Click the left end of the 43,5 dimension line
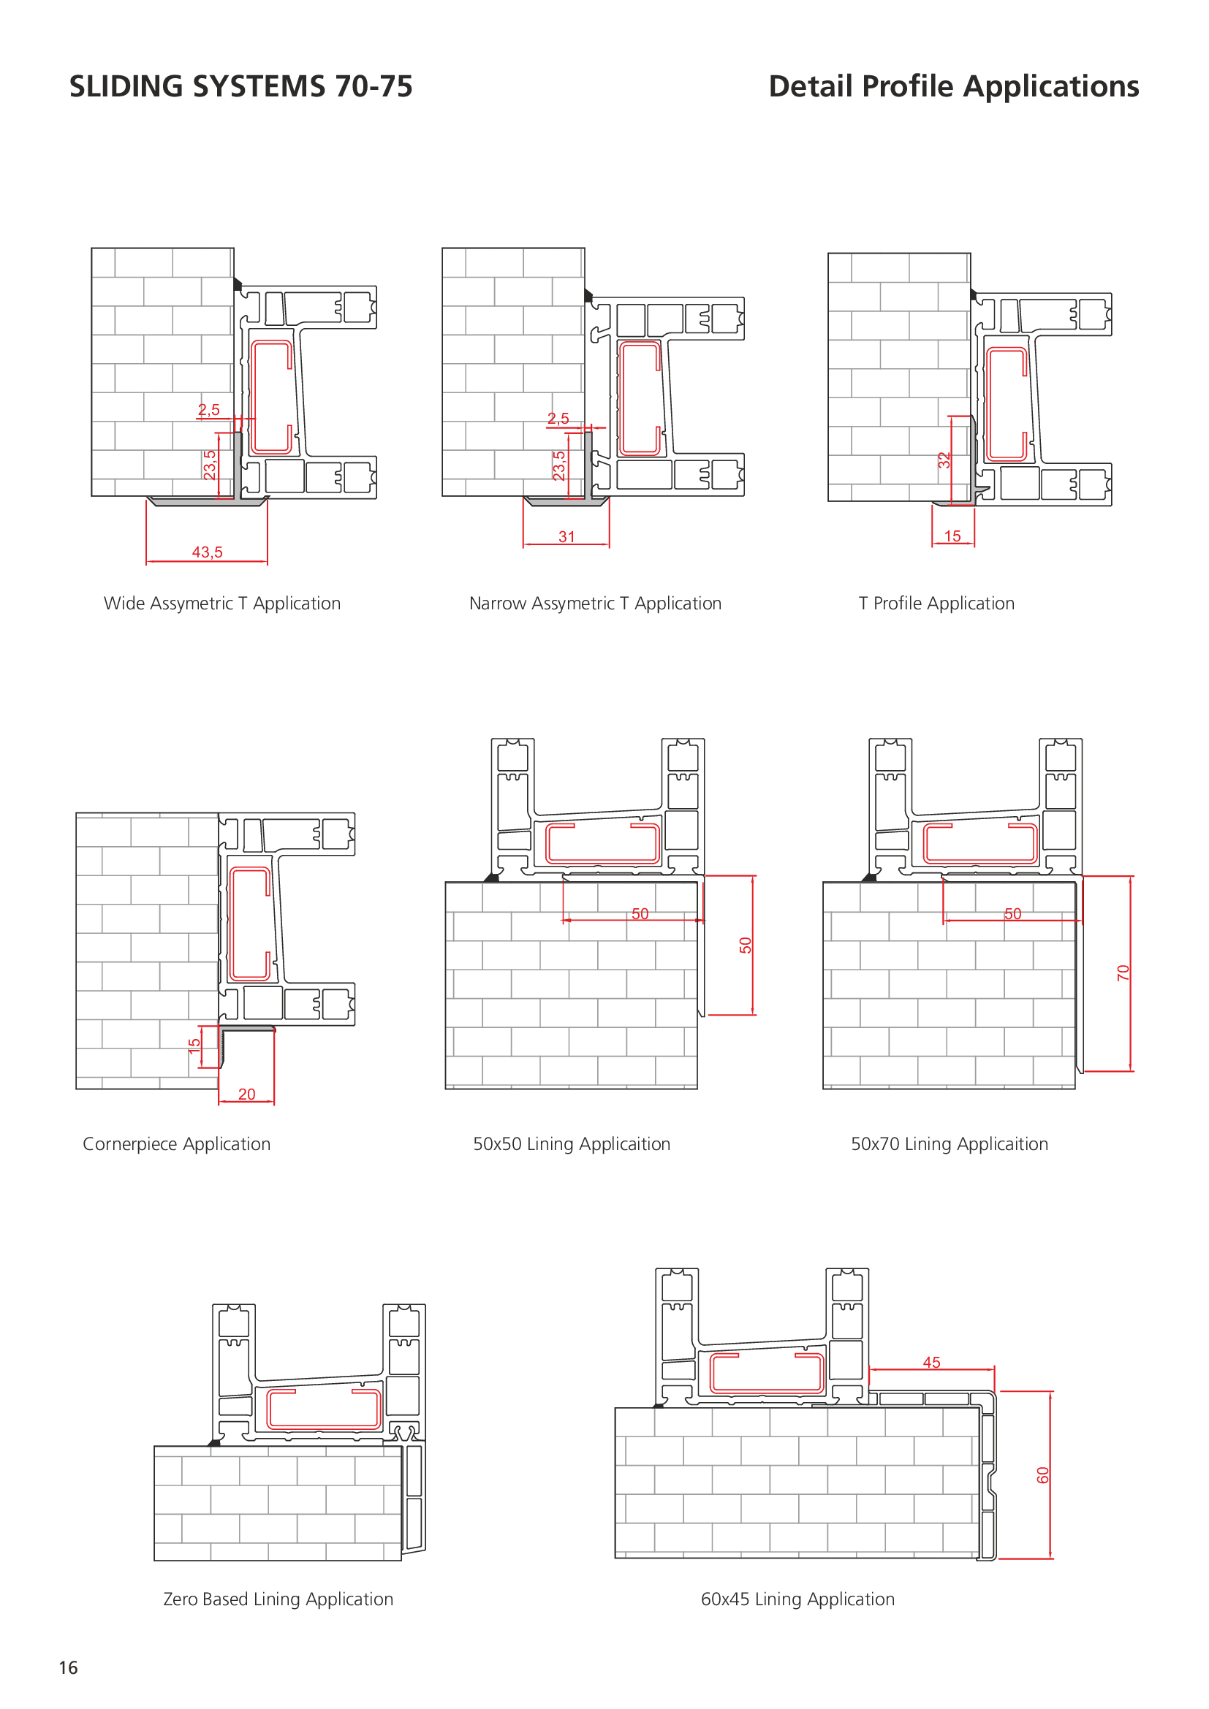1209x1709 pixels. coord(147,561)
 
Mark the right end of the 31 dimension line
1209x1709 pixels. coord(609,545)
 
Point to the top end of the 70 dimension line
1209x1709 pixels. coord(1130,877)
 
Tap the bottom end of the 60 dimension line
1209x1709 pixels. coord(1050,1558)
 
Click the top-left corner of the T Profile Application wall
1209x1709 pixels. coord(829,254)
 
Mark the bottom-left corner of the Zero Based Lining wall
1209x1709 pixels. coord(155,1560)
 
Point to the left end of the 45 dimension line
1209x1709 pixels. coord(870,1369)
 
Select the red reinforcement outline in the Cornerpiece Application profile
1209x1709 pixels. coord(249,923)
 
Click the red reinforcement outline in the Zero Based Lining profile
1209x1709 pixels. coord(324,1409)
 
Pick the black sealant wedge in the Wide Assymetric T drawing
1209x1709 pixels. coord(238,284)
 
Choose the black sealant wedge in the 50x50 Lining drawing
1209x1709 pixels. coord(491,878)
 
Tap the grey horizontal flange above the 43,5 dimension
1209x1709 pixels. coord(207,502)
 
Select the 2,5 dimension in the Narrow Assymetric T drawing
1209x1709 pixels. coord(558,419)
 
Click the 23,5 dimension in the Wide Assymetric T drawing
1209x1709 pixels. coord(210,465)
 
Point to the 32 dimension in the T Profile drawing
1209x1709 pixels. coord(944,460)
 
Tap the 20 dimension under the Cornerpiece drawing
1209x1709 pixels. coord(246,1095)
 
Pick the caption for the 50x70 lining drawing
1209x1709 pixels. coord(950,1144)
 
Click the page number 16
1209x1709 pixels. coord(69,1668)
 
